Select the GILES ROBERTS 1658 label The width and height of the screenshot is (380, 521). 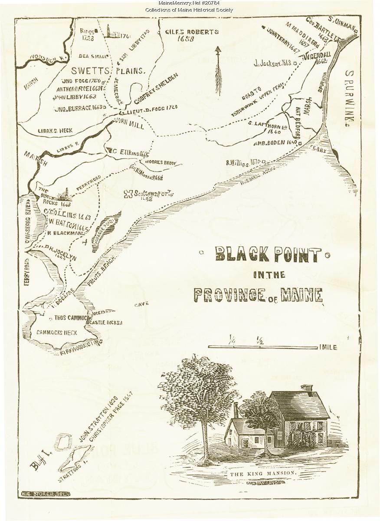tap(186, 35)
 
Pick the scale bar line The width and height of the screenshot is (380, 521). tap(262, 347)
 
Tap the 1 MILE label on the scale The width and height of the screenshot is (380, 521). tap(328, 347)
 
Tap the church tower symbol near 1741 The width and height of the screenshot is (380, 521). tap(110, 32)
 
